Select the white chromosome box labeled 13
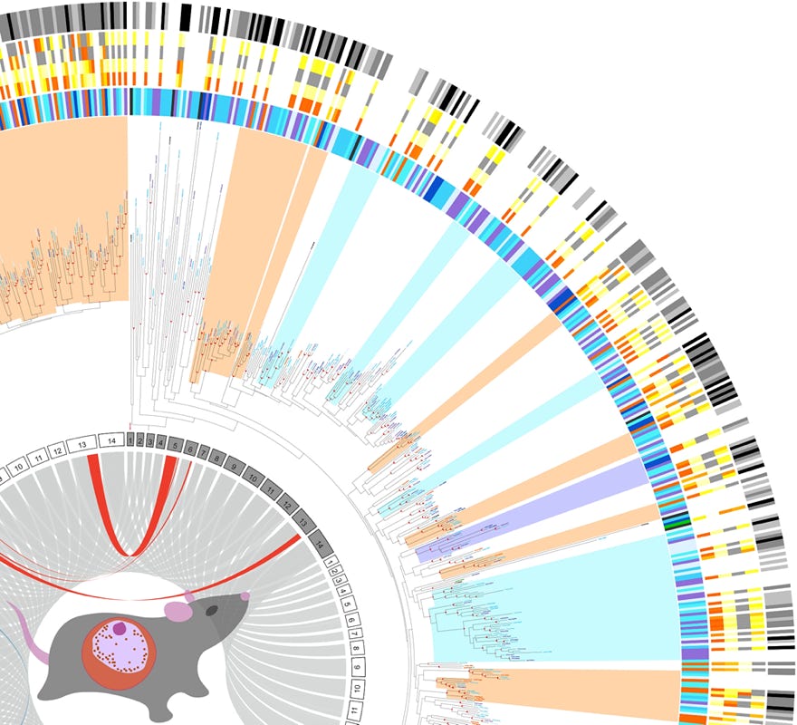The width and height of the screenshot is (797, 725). click(82, 444)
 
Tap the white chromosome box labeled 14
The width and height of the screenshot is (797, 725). click(111, 440)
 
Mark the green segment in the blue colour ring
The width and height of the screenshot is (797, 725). click(671, 522)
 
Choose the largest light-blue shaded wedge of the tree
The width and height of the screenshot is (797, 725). click(562, 598)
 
